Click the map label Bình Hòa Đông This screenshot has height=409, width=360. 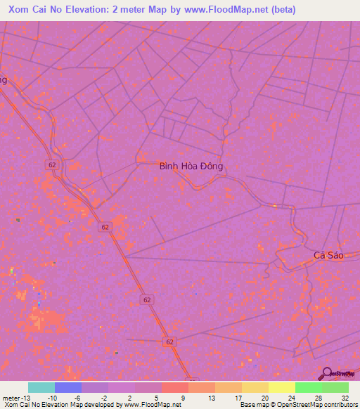[x=191, y=167]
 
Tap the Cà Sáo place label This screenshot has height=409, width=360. [x=328, y=255]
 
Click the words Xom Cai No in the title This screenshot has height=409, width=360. [x=35, y=10]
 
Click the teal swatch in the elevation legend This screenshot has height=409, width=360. [x=41, y=387]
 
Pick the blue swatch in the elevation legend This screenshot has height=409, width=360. [x=68, y=387]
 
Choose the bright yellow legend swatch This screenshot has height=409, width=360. [x=281, y=387]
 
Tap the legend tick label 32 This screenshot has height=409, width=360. [x=345, y=397]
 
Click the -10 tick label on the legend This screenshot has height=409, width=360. [x=52, y=397]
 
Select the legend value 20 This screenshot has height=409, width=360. [x=264, y=397]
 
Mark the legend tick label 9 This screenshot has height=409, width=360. [x=184, y=397]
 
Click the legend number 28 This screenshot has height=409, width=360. [x=318, y=397]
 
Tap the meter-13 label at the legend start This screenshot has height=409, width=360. [x=15, y=397]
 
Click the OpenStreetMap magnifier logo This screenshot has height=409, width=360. [x=328, y=373]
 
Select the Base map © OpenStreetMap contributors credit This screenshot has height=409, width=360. [x=298, y=405]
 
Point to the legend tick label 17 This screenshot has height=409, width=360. [x=238, y=397]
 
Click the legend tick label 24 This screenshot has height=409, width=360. [x=291, y=397]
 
